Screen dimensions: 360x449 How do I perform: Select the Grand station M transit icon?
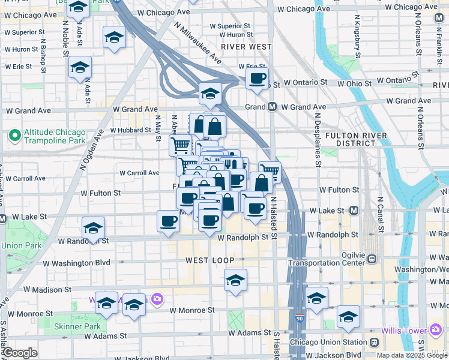pyautogui.click(x=272, y=107)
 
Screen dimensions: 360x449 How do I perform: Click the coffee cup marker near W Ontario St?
pyautogui.click(x=258, y=79)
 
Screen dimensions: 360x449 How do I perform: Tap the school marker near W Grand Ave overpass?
pyautogui.click(x=210, y=93)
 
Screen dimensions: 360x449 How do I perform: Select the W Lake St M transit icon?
pyautogui.click(x=354, y=211)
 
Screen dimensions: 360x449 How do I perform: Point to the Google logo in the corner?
pyautogui.click(x=20, y=353)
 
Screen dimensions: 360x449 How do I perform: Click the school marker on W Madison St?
pyautogui.click(x=236, y=280)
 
